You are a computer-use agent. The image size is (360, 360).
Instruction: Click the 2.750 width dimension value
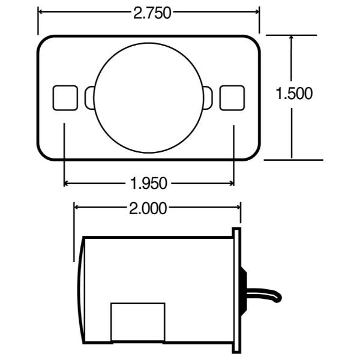click(152, 13)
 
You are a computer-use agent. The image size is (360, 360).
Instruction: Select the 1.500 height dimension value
click(294, 94)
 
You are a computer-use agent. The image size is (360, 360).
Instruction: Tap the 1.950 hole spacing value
click(149, 183)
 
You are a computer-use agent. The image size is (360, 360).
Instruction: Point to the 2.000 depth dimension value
click(148, 208)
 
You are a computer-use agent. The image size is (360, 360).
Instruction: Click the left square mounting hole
click(65, 98)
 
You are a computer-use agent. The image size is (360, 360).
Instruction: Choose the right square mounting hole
click(232, 98)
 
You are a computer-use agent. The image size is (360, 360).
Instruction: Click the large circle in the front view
click(149, 98)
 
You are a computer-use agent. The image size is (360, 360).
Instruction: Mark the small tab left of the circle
click(89, 98)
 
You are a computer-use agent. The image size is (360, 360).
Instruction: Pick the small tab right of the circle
click(208, 98)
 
